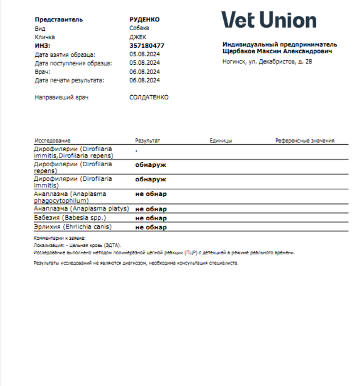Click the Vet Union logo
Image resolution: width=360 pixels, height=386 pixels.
269,20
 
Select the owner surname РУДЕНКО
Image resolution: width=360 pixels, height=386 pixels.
144,19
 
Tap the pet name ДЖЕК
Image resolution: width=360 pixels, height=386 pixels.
138,37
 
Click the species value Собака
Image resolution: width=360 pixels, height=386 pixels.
140,28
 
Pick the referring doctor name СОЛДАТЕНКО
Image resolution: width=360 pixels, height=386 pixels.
149,97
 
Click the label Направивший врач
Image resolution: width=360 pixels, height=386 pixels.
58,97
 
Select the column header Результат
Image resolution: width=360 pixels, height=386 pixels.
147,140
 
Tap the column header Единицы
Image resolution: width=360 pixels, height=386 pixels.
220,140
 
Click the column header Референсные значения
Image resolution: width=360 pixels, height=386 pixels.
305,140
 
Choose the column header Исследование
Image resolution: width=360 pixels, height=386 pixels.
53,140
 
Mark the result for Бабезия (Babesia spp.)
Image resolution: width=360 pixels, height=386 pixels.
151,218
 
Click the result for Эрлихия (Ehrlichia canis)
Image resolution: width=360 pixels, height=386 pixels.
151,227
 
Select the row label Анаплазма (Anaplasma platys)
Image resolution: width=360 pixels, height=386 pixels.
81,209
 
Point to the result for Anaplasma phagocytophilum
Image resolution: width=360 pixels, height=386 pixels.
151,194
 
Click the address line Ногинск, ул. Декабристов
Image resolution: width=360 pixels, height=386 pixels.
267,61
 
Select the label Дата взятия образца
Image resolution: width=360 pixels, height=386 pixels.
65,54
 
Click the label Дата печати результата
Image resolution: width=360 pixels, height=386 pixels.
70,80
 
